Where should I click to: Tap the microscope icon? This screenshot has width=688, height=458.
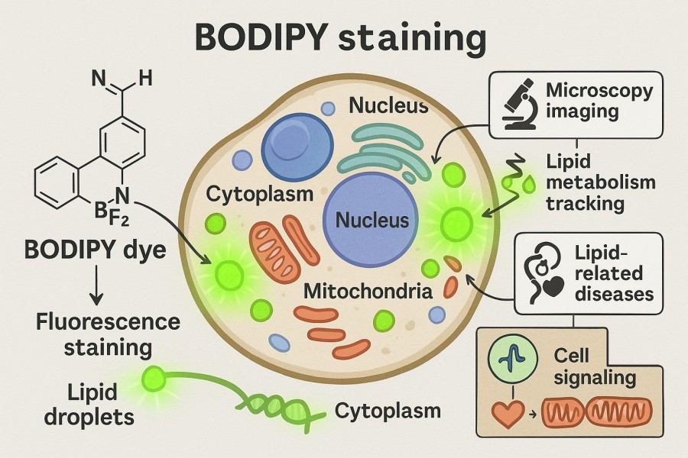(x=516, y=105)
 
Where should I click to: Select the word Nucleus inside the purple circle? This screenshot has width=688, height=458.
(x=373, y=221)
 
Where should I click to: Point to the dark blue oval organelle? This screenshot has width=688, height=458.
(x=297, y=139)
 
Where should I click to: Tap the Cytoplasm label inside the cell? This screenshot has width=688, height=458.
(x=260, y=193)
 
